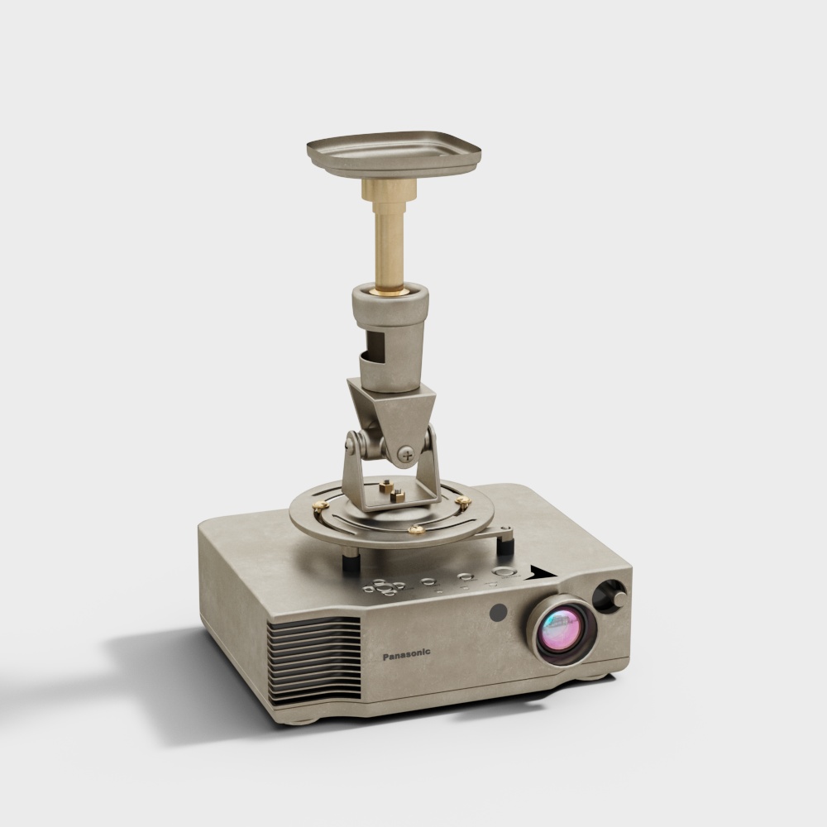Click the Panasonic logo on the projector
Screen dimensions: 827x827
click(x=406, y=654)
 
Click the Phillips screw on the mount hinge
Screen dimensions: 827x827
click(x=405, y=453)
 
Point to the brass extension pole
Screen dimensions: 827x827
click(x=390, y=235)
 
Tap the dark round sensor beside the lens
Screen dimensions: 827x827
click(x=498, y=612)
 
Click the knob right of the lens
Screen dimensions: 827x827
click(x=612, y=596)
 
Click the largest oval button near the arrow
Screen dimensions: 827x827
click(x=504, y=571)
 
